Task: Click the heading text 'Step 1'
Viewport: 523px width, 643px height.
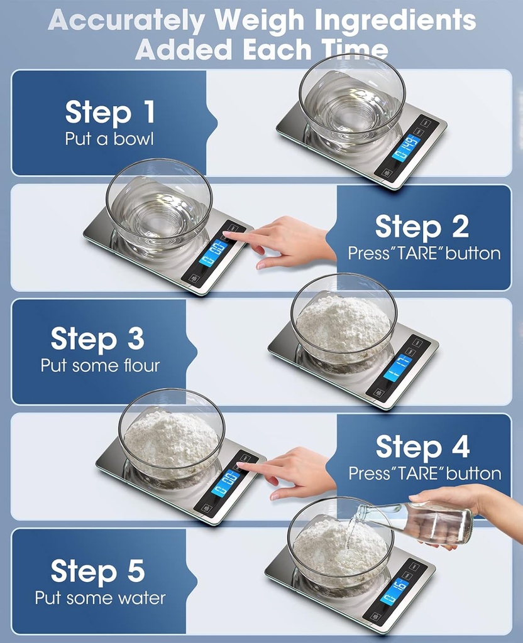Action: [109, 112]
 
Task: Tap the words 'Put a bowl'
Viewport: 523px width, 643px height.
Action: [109, 139]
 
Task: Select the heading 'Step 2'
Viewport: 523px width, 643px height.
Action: [422, 227]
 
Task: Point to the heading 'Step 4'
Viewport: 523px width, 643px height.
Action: [422, 447]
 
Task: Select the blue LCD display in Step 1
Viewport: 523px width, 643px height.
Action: [405, 148]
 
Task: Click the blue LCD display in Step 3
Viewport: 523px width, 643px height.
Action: [397, 367]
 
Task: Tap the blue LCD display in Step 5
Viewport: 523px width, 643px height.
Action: [394, 592]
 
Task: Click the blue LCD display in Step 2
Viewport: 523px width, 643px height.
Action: [213, 253]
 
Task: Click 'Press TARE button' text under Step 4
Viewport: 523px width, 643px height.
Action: [425, 473]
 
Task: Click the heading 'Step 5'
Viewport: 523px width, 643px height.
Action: [97, 571]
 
